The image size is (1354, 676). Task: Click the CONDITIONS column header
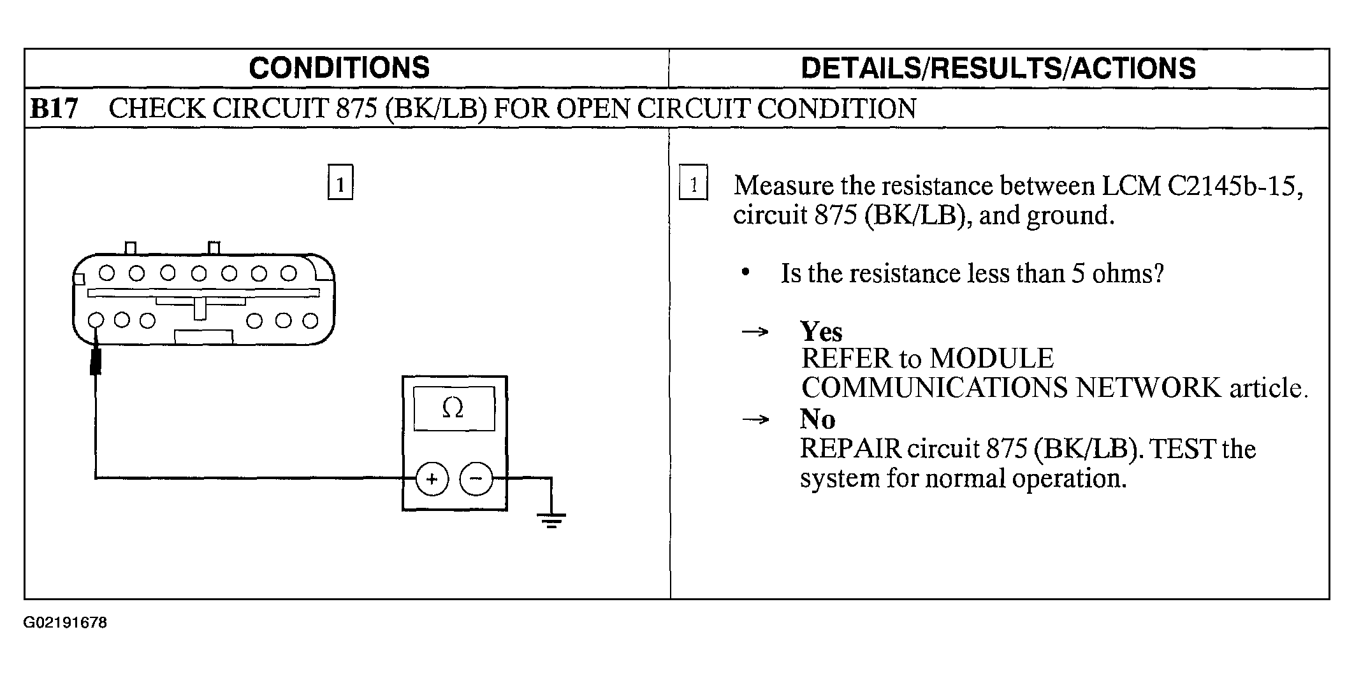coord(339,68)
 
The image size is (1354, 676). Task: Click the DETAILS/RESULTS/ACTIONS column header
coord(998,68)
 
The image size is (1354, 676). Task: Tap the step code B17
coord(54,108)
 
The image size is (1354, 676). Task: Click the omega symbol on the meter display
coord(453,408)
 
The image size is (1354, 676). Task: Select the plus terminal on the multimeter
coord(432,478)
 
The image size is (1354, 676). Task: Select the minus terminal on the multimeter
coord(476,478)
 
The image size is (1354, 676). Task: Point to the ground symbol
coord(551,521)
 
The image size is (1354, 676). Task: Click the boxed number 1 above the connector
coord(340,182)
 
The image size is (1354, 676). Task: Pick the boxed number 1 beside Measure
coord(694,183)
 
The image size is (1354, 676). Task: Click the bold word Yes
coord(821,332)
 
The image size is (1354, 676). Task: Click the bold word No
coord(817,419)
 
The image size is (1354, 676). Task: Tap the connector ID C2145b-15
coord(1235,185)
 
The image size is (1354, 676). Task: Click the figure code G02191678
coord(65,622)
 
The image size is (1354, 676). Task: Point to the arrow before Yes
coord(755,332)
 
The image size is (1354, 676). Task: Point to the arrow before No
coord(755,419)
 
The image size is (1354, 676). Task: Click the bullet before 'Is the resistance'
coord(745,273)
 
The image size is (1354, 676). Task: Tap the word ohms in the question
coord(1128,273)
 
